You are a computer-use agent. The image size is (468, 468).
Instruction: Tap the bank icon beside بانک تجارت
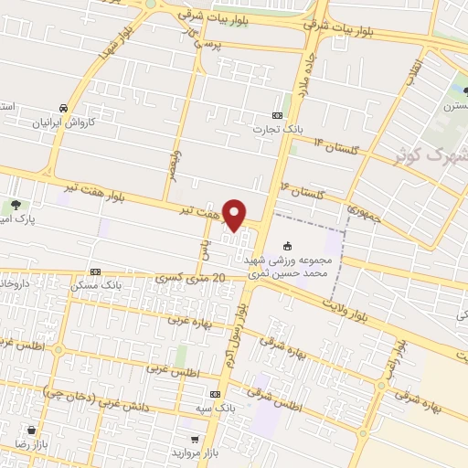[x=278, y=115]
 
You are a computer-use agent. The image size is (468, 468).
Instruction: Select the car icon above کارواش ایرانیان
[x=62, y=107]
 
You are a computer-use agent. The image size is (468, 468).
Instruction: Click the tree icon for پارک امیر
[x=16, y=206]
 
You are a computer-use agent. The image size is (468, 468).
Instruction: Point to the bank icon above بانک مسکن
[x=95, y=271]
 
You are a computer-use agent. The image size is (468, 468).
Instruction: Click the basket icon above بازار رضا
[x=33, y=429]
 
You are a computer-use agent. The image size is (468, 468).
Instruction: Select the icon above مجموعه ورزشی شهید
[x=289, y=245]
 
